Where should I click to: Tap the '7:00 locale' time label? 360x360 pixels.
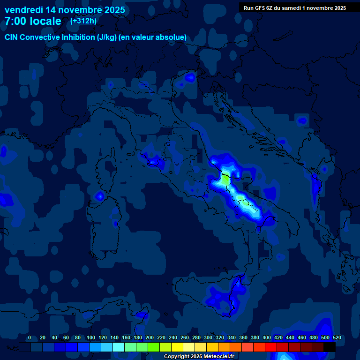click(x=33, y=21)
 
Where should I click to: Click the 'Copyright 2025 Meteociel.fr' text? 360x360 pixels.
click(x=198, y=356)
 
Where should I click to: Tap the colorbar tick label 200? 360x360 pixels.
click(x=150, y=337)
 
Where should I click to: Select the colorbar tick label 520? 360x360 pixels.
click(x=337, y=337)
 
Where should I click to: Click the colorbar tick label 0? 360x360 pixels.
click(x=30, y=337)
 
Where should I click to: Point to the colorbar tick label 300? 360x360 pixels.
click(x=208, y=337)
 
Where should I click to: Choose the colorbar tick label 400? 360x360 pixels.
click(x=267, y=337)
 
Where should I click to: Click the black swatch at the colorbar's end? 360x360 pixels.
click(x=330, y=347)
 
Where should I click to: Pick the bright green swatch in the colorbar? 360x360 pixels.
click(x=154, y=347)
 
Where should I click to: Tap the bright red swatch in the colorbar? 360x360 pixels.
click(x=271, y=347)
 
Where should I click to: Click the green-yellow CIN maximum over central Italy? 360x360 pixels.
click(x=225, y=179)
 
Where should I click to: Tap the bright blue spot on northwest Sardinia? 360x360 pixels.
click(x=99, y=196)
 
